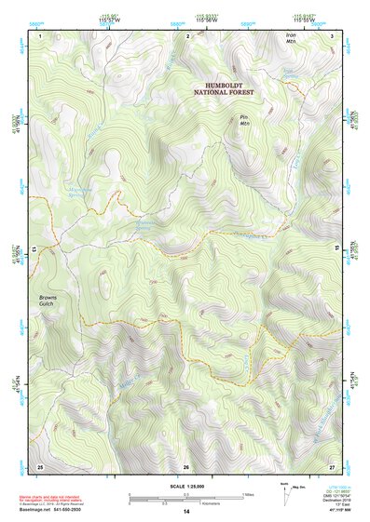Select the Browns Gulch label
pyautogui.click(x=48, y=301)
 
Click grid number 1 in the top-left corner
pyautogui.click(x=40, y=35)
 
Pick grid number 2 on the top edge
pyautogui.click(x=187, y=35)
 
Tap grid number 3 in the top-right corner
pyautogui.click(x=332, y=35)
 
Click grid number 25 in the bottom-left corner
pyautogui.click(x=40, y=465)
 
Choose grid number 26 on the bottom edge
pyautogui.click(x=186, y=466)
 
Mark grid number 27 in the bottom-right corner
pyautogui.click(x=332, y=465)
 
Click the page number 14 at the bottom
pyautogui.click(x=185, y=513)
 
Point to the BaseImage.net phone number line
pyautogui.click(x=52, y=511)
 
